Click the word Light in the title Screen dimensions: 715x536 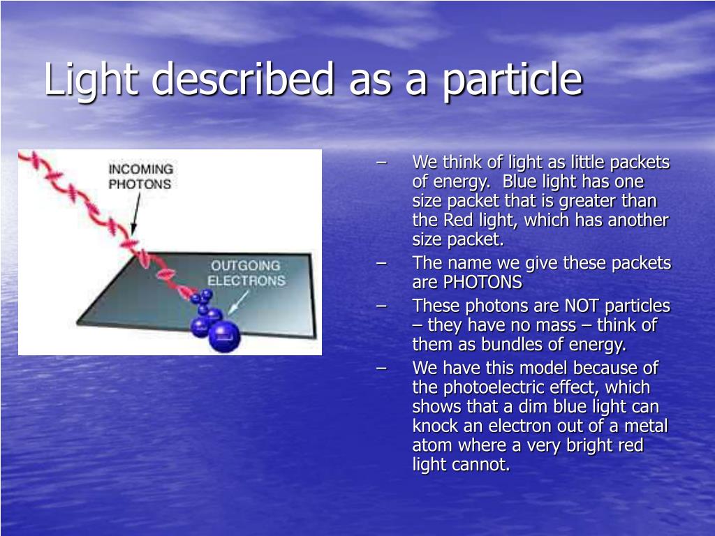[x=91, y=80]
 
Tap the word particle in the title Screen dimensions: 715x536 [x=513, y=80]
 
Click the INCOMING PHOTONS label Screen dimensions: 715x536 [x=140, y=177]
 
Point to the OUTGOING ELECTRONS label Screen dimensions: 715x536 [x=246, y=273]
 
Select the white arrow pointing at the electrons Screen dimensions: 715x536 [x=238, y=303]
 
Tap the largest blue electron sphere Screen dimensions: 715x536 [x=224, y=336]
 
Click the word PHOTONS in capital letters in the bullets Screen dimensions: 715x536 [x=482, y=282]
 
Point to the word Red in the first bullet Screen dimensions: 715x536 [x=459, y=220]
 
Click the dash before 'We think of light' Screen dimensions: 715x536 [x=382, y=162]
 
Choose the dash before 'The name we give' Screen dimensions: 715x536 [x=382, y=263]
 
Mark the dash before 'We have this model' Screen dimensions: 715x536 [x=382, y=368]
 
